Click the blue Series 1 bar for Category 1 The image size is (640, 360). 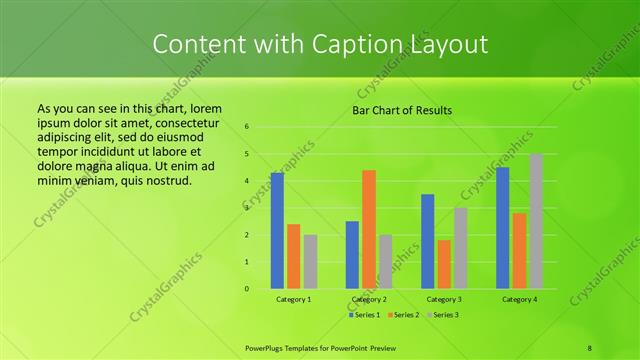tap(277, 230)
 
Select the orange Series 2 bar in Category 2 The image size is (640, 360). tap(369, 229)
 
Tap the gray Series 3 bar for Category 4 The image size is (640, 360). tap(536, 221)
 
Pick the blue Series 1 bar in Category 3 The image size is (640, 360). tap(428, 241)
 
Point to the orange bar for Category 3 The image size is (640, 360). tap(444, 264)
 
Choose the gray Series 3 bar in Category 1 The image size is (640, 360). tap(310, 261)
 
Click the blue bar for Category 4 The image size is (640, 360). tap(503, 227)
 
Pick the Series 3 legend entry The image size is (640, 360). tap(444, 315)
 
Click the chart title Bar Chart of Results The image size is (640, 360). tap(403, 110)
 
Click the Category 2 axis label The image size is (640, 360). tap(369, 299)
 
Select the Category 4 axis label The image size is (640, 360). tap(519, 299)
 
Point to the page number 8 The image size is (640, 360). tap(590, 347)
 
